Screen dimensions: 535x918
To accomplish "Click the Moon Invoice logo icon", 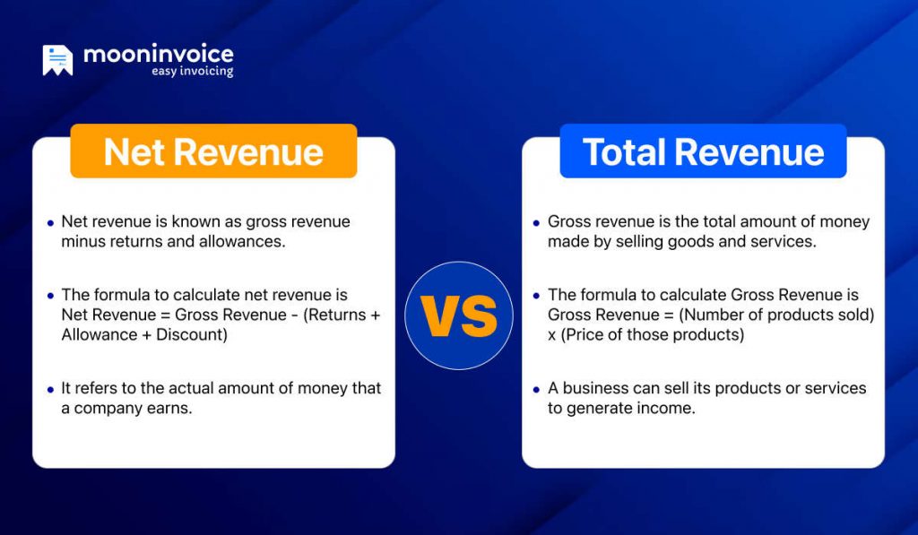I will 57,60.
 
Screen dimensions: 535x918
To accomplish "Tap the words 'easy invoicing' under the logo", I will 192,72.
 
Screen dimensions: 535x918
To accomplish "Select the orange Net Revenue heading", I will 213,151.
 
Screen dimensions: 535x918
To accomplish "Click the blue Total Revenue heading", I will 703,151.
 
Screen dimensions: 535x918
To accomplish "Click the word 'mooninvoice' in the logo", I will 158,54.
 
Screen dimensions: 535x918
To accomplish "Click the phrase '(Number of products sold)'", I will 779,315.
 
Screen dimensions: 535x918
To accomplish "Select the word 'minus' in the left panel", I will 84,242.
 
